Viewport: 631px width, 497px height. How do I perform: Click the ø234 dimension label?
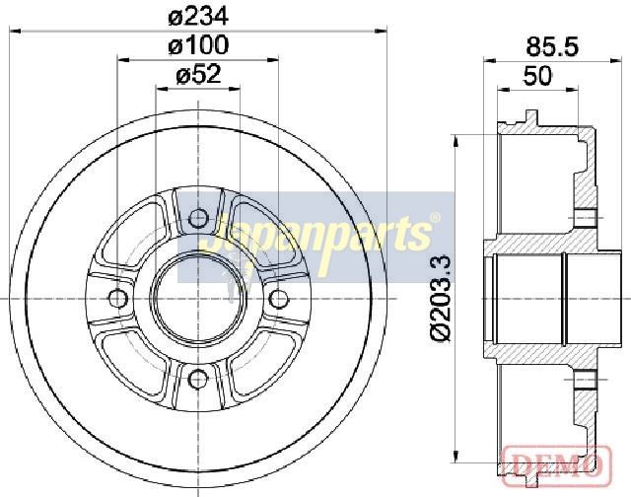pyautogui.click(x=198, y=17)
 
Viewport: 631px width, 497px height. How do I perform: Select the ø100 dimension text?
pyautogui.click(x=198, y=44)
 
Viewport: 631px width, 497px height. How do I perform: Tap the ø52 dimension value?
pyautogui.click(x=198, y=74)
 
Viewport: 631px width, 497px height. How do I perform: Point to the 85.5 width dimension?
pyautogui.click(x=552, y=46)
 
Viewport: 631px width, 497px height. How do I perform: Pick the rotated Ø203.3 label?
pyautogui.click(x=441, y=299)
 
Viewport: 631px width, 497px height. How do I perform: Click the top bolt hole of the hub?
pyautogui.click(x=198, y=219)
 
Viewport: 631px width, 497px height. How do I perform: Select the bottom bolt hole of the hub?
pyautogui.click(x=198, y=379)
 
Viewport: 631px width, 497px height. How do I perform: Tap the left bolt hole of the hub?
pyautogui.click(x=118, y=299)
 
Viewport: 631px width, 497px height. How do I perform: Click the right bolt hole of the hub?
pyautogui.click(x=278, y=299)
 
